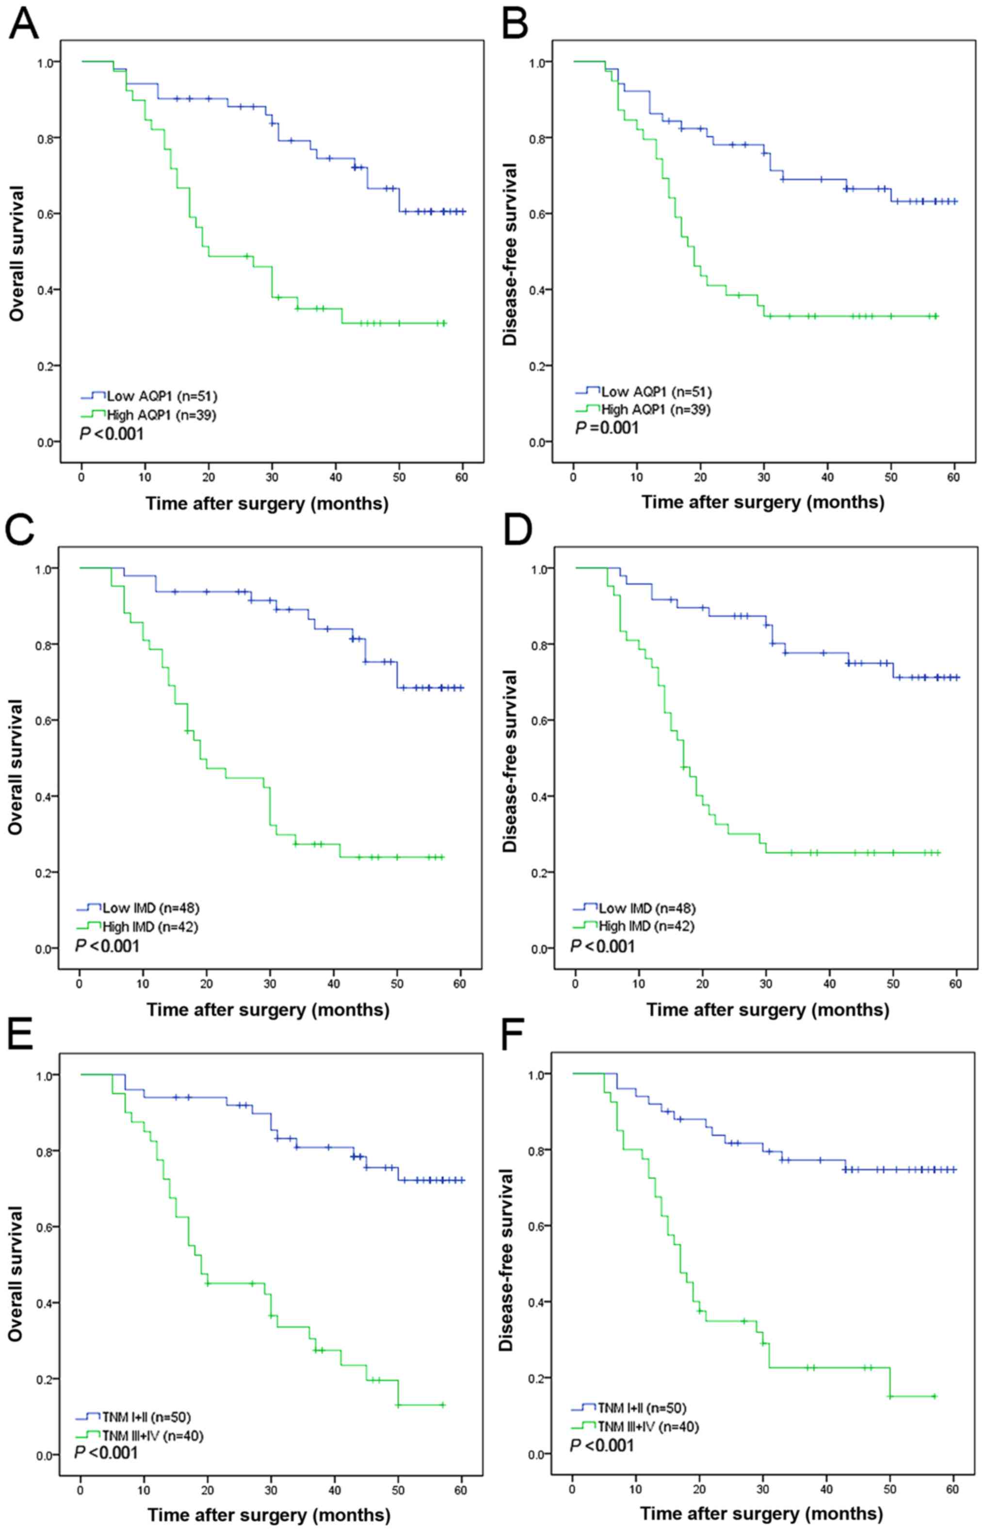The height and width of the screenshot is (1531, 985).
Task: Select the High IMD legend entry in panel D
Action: (x=646, y=925)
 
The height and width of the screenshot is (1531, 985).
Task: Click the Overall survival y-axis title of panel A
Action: (x=17, y=253)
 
